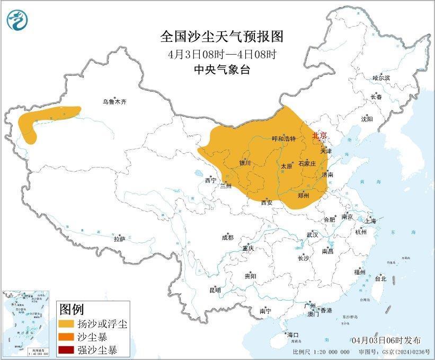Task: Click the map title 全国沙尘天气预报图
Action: pyautogui.click(x=222, y=37)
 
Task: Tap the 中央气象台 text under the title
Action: pyautogui.click(x=222, y=69)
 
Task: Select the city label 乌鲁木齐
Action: pyautogui.click(x=115, y=101)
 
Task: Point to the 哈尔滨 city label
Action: pyautogui.click(x=380, y=78)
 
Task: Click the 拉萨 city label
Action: pyautogui.click(x=119, y=239)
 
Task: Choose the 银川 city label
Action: pyautogui.click(x=245, y=163)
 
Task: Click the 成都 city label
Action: pyautogui.click(x=227, y=238)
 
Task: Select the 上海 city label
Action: pyautogui.click(x=371, y=221)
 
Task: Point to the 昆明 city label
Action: pyautogui.click(x=215, y=290)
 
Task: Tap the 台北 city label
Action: pyautogui.click(x=380, y=278)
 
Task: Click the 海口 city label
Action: pyautogui.click(x=293, y=335)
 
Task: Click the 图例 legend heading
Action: pyautogui.click(x=72, y=309)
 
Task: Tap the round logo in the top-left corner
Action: pyautogui.click(x=17, y=20)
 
